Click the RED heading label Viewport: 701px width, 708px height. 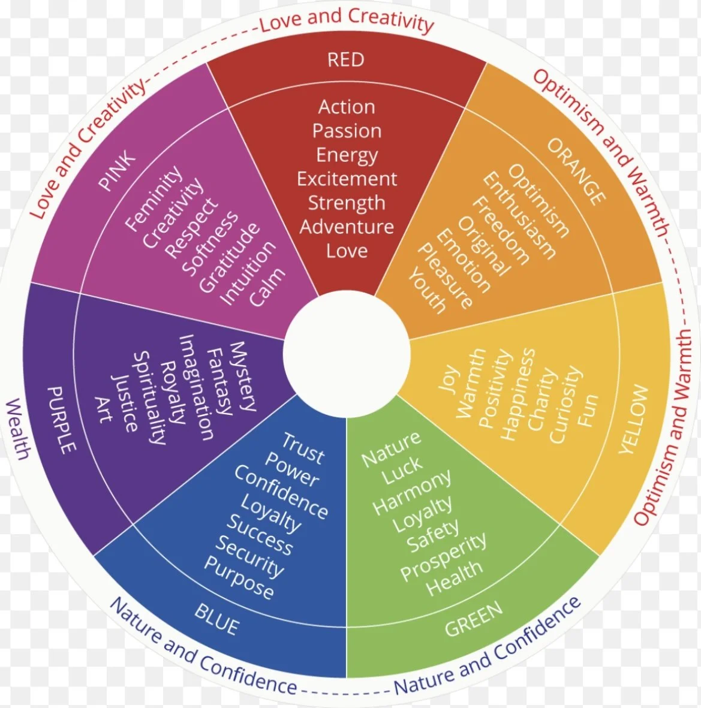point(346,59)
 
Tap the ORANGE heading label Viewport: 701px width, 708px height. point(576,171)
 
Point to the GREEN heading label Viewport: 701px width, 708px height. point(474,619)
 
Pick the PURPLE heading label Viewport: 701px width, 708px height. point(62,419)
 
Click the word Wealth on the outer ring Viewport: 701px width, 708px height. point(18,429)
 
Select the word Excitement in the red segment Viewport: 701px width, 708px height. point(347,179)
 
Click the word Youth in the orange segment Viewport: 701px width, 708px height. point(428,291)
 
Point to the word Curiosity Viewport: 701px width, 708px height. point(564,405)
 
